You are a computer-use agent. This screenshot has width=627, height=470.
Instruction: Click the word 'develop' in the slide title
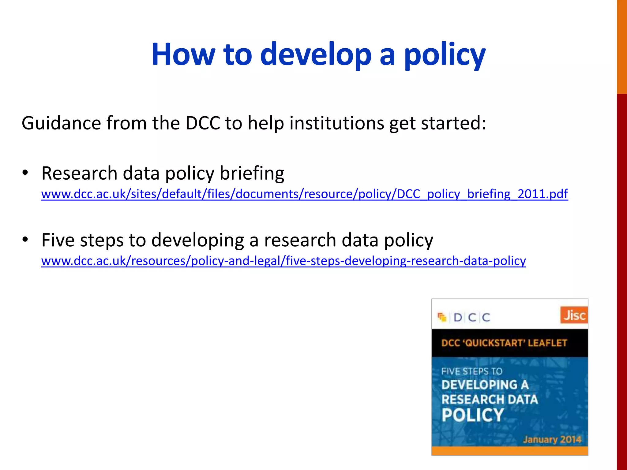pyautogui.click(x=315, y=54)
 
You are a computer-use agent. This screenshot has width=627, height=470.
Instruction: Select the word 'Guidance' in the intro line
pyautogui.click(x=61, y=123)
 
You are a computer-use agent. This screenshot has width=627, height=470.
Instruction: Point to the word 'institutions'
pyautogui.click(x=336, y=123)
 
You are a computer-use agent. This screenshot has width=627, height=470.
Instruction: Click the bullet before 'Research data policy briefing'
pyautogui.click(x=25, y=173)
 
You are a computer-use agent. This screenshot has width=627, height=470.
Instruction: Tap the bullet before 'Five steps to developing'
pyautogui.click(x=25, y=240)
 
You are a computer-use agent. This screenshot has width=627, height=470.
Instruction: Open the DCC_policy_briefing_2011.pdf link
pyautogui.click(x=305, y=194)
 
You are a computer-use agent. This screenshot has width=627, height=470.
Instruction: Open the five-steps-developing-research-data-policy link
pyautogui.click(x=283, y=261)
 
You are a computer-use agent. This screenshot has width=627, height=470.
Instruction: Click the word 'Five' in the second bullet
pyautogui.click(x=58, y=240)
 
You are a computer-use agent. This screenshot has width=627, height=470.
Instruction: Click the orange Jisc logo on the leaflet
pyautogui.click(x=574, y=315)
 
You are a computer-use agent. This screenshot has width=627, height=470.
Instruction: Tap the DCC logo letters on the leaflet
pyautogui.click(x=471, y=317)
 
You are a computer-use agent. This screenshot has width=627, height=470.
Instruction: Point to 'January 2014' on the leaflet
pyautogui.click(x=552, y=440)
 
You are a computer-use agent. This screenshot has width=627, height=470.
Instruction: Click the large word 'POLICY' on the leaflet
pyautogui.click(x=472, y=415)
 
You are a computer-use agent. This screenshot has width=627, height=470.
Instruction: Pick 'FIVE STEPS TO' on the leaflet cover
pyautogui.click(x=472, y=371)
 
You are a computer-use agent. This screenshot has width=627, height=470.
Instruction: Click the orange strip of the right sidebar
pyautogui.click(x=622, y=46)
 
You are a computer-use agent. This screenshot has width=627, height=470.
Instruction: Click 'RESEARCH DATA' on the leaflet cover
pyautogui.click(x=489, y=399)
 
